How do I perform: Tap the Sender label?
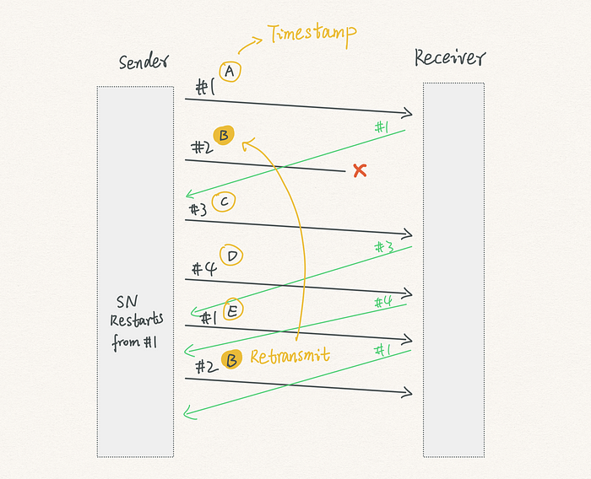point(144,62)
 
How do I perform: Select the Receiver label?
point(450,58)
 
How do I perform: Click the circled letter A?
point(230,72)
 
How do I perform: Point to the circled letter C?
point(224,202)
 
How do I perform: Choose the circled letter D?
point(231,256)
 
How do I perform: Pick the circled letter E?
point(233,309)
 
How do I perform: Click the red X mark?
point(360,170)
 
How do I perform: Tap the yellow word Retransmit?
point(290,356)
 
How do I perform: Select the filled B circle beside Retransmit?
point(231,359)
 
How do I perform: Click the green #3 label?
point(384,247)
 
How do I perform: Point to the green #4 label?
point(383,302)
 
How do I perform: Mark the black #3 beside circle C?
point(198,210)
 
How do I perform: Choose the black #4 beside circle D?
point(204,269)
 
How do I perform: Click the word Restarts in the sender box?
point(137,320)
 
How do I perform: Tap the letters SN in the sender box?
point(127,302)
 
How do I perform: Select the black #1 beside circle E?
point(209,319)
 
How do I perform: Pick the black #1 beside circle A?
point(205,88)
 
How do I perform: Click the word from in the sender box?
point(126,342)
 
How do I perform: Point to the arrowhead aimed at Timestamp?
point(258,40)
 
